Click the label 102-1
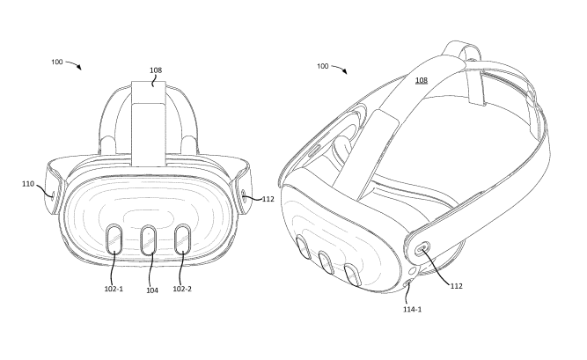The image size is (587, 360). click(x=114, y=289)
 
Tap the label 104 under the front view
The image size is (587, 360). click(x=152, y=290)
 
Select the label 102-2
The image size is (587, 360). click(x=182, y=289)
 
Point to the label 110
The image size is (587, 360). click(x=28, y=184)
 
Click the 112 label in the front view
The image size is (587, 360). click(x=268, y=199)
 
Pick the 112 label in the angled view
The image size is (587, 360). click(x=457, y=286)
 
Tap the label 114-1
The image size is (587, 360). click(x=412, y=310)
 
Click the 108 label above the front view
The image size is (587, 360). click(x=156, y=70)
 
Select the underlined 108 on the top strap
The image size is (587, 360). click(x=422, y=80)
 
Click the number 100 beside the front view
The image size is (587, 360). click(x=57, y=62)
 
